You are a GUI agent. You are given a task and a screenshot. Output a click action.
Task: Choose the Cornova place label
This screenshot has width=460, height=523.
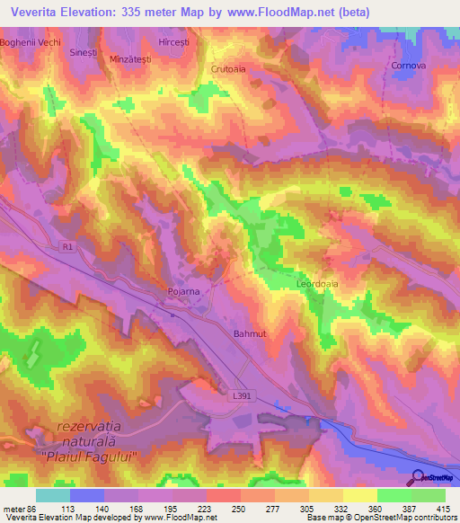[x=407, y=66]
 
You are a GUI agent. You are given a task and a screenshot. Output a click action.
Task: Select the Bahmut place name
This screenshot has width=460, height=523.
[x=251, y=333]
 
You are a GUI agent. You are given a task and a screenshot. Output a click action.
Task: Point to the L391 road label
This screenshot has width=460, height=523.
[x=240, y=394]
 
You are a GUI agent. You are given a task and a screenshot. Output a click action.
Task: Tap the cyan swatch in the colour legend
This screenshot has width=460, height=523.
[x=53, y=495]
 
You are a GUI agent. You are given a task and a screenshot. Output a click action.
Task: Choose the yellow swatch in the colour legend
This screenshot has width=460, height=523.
[x=360, y=495]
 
